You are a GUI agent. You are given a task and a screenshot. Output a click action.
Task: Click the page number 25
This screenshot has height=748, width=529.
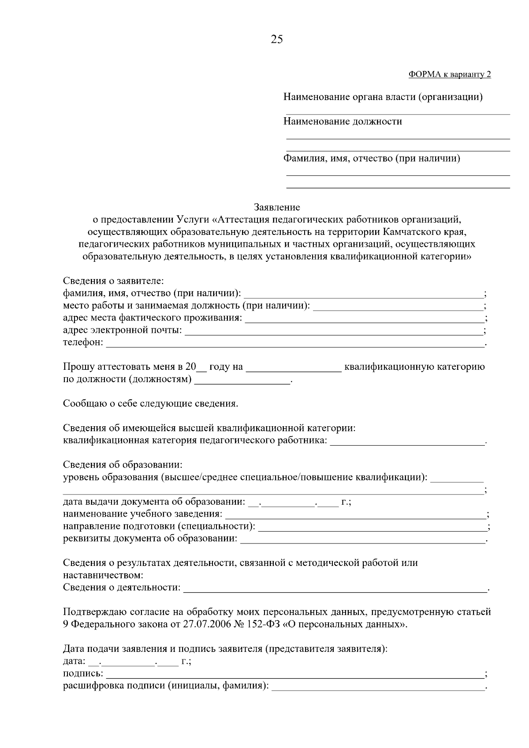pos(277,40)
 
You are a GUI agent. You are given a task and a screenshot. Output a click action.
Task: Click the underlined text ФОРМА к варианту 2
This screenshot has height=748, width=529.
pos(450,74)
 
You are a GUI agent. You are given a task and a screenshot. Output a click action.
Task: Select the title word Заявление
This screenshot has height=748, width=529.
pos(277,207)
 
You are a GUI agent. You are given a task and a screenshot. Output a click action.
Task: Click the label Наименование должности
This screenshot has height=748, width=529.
pos(343,122)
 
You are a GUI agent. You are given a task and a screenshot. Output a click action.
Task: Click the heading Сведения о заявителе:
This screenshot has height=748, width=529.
pos(113,281)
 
